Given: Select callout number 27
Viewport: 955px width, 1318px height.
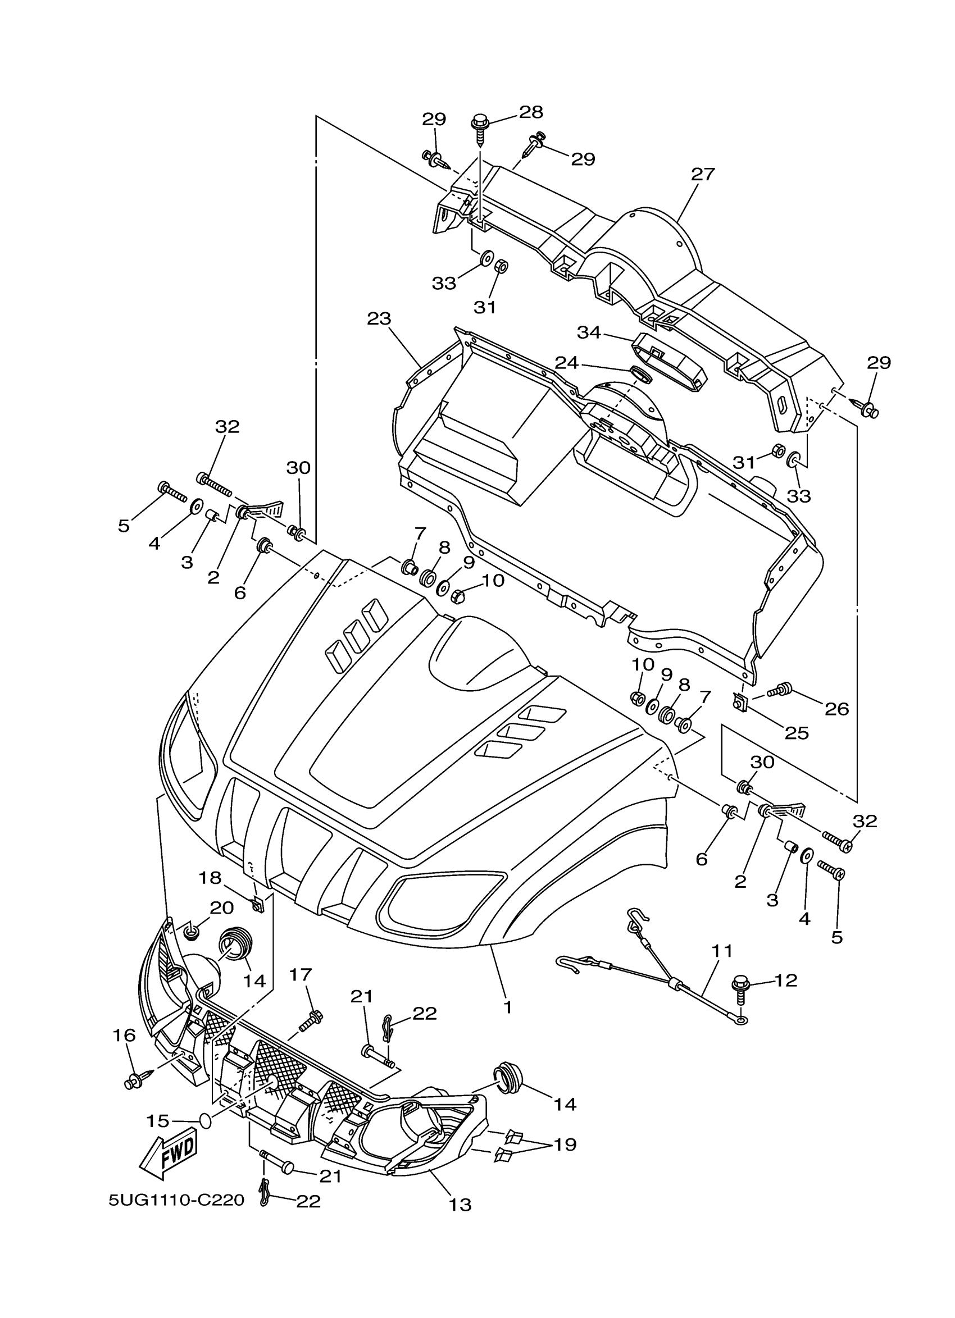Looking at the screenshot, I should click(x=702, y=174).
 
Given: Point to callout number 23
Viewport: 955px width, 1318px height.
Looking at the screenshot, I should click(x=379, y=318).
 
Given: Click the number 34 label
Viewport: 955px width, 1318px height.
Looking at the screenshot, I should click(x=588, y=332).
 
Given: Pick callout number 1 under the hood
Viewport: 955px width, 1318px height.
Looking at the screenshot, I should click(x=507, y=1007).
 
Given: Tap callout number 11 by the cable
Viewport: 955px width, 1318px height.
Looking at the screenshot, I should click(x=722, y=951).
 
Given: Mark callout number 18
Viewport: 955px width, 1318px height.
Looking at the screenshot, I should click(x=211, y=878).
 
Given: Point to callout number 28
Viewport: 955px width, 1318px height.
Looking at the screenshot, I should click(x=531, y=112).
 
